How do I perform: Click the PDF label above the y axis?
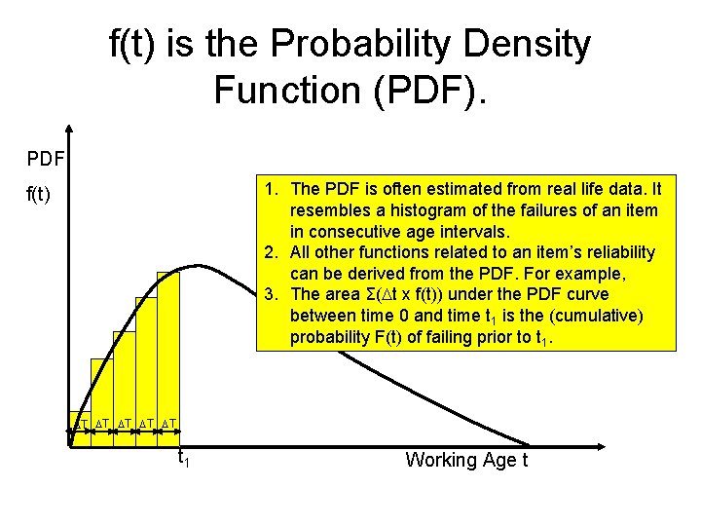(x=45, y=157)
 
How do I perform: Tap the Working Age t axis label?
(x=466, y=460)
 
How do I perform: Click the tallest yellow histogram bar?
(x=168, y=351)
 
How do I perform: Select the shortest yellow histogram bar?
(x=80, y=429)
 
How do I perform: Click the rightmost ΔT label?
(x=168, y=424)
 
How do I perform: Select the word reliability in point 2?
(x=620, y=252)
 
